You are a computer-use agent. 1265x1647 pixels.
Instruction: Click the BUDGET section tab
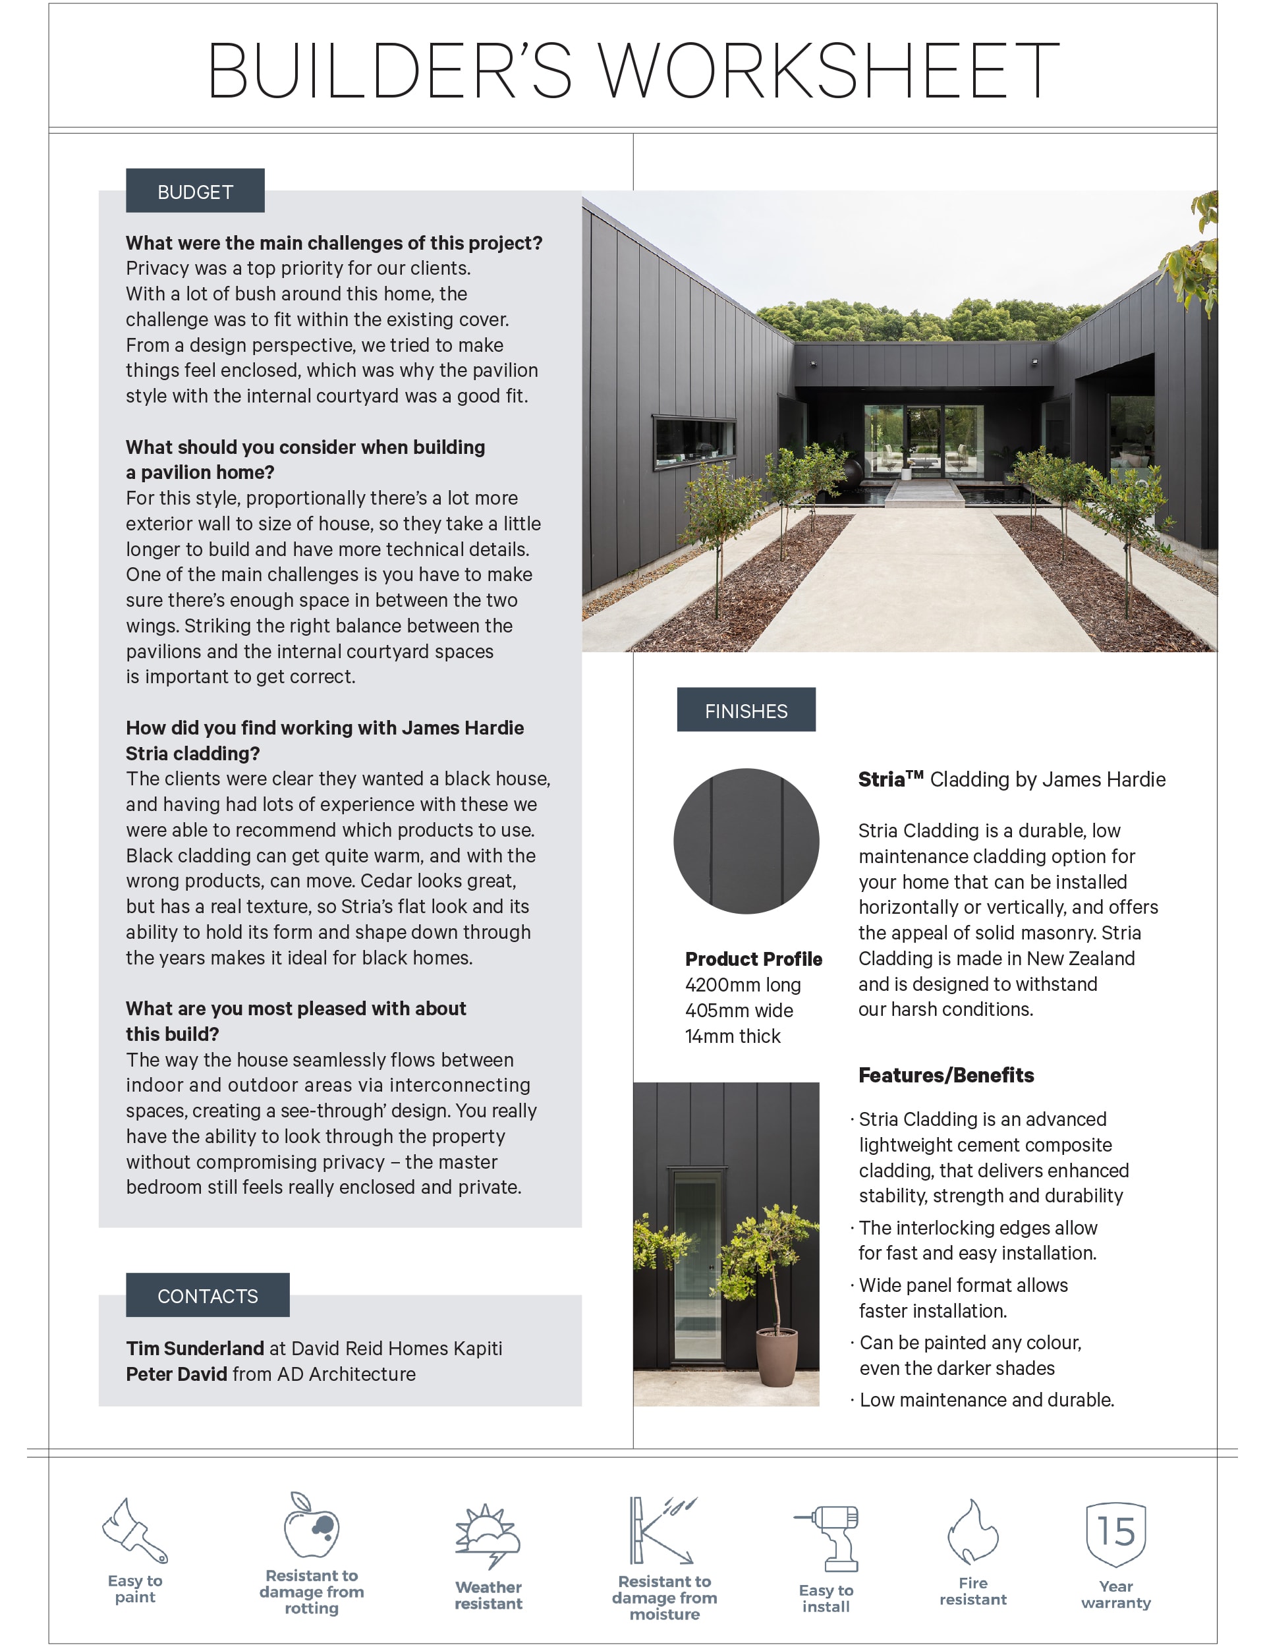pos(195,191)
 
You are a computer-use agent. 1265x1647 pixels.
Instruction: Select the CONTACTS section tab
pos(207,1295)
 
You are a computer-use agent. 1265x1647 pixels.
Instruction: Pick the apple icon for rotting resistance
pos(311,1525)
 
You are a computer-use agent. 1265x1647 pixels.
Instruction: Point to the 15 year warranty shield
pos(1115,1533)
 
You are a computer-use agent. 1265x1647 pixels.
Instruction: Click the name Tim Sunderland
pos(194,1348)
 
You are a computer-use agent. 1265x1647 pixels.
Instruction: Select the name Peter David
pos(176,1374)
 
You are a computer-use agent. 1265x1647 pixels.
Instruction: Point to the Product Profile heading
pos(753,959)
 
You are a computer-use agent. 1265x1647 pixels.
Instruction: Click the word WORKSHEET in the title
pos(828,70)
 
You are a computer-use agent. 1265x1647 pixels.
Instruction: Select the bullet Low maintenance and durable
pos(986,1400)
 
